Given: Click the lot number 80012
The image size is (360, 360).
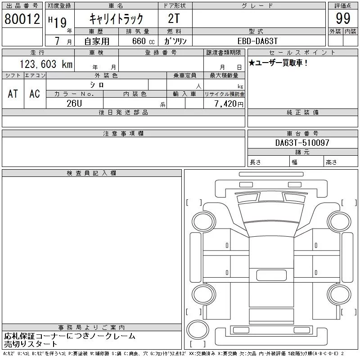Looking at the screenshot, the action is (x=22, y=19).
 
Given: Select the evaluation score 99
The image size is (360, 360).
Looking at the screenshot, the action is (x=343, y=18).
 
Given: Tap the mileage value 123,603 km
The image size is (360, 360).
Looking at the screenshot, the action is (x=46, y=64).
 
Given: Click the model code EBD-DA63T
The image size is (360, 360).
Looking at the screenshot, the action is (x=257, y=41).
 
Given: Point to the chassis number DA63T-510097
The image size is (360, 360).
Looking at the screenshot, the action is (x=302, y=143).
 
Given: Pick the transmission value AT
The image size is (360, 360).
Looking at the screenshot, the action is (x=13, y=94).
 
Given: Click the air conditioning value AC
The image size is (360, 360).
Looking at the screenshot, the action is (x=35, y=94).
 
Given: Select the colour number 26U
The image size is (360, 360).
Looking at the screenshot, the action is (x=74, y=103).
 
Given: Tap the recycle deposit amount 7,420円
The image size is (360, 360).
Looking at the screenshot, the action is (x=229, y=104).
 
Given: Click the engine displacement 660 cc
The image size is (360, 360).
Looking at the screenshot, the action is (x=143, y=41).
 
